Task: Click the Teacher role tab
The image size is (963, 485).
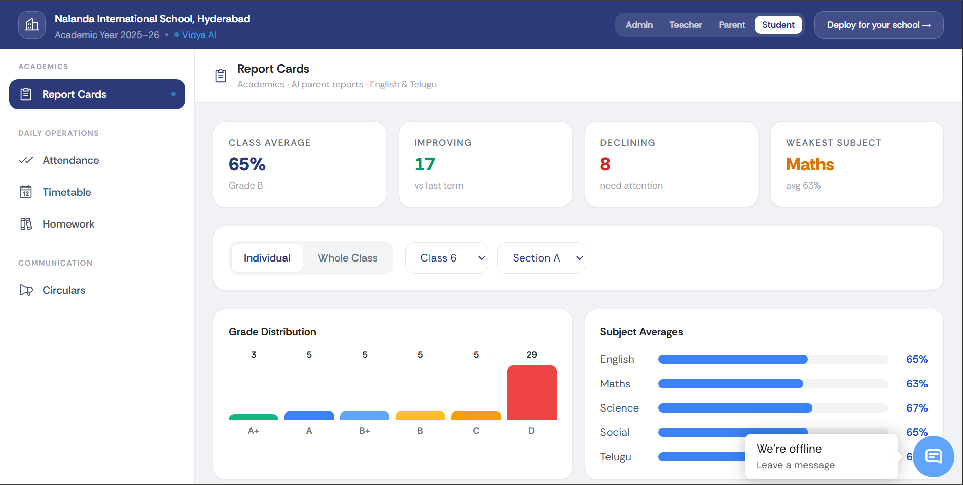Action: click(x=686, y=25)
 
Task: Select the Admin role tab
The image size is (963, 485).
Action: click(x=639, y=25)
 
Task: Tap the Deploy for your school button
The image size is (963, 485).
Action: click(x=879, y=25)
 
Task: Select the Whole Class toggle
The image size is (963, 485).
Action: click(x=347, y=258)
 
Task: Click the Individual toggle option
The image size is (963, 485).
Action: click(x=267, y=258)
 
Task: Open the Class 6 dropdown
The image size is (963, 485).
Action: click(x=447, y=258)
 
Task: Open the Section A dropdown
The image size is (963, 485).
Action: click(x=542, y=258)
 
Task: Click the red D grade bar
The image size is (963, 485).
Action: click(x=531, y=393)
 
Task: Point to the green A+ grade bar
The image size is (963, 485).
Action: click(x=254, y=417)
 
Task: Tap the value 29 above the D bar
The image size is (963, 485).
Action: click(x=531, y=355)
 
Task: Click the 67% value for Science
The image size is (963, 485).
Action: click(x=917, y=408)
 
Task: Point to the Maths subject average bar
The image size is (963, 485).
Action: click(x=730, y=384)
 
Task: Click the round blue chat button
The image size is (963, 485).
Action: click(x=934, y=457)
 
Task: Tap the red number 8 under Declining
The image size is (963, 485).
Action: click(x=605, y=164)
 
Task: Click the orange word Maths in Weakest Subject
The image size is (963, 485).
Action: click(x=810, y=164)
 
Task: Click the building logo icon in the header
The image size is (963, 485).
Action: click(x=32, y=25)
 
